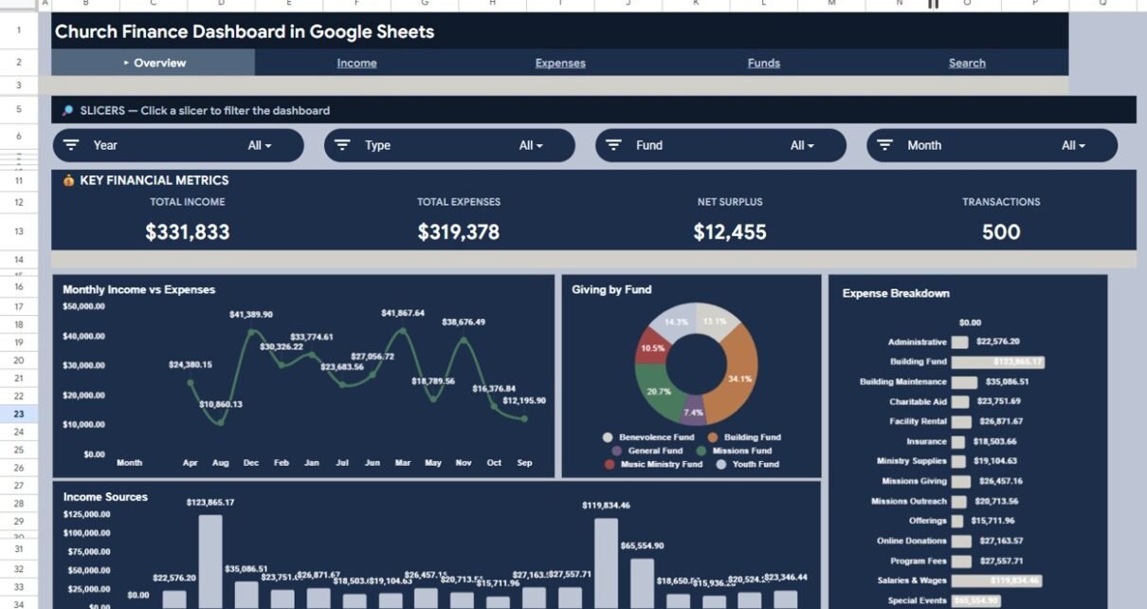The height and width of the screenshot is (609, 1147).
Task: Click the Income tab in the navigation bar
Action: [x=356, y=64]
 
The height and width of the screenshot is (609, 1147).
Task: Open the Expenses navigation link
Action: [x=560, y=64]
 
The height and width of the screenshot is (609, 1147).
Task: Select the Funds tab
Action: [x=763, y=64]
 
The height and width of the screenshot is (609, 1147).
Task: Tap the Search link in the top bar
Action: [x=967, y=64]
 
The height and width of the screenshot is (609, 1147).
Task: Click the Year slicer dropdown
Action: [x=178, y=145]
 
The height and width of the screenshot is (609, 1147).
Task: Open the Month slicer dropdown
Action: [x=992, y=145]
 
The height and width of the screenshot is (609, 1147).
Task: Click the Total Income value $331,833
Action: [x=188, y=232]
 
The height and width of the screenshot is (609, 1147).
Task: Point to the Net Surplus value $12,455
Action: [x=730, y=232]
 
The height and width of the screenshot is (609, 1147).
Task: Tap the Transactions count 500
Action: [x=1001, y=232]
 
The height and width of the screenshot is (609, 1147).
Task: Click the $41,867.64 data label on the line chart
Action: [x=403, y=313]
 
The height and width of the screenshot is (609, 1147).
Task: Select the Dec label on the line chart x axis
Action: [x=251, y=463]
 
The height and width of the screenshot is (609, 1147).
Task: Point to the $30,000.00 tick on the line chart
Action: [x=84, y=365]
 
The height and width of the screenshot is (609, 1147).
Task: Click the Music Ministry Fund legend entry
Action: [x=661, y=465]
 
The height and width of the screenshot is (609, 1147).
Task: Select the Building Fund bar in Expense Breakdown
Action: [x=997, y=362]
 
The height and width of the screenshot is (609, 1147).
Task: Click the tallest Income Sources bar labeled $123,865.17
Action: [x=210, y=560]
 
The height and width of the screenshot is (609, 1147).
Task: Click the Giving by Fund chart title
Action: [x=611, y=290]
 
